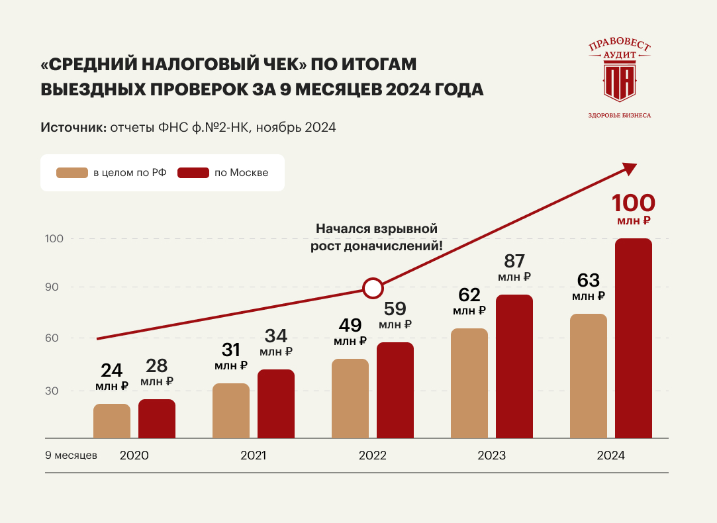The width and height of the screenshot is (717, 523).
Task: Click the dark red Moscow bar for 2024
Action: tap(634, 338)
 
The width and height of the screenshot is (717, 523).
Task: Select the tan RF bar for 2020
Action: tap(112, 421)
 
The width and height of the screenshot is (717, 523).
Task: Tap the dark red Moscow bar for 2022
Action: tap(395, 390)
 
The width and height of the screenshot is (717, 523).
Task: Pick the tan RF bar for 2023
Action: tap(469, 383)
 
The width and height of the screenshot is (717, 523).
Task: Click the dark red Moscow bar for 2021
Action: tap(276, 404)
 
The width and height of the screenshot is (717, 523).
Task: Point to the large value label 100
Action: tap(633, 203)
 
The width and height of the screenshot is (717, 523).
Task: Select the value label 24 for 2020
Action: tap(112, 369)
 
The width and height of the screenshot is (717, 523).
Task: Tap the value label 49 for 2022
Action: tap(350, 325)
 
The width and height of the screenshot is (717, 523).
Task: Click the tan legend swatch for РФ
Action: tap(72, 173)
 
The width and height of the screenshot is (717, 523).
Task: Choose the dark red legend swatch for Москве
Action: tap(193, 173)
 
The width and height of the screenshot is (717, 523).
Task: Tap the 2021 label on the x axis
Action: tap(253, 456)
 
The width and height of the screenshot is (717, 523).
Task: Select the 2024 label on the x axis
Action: tap(610, 456)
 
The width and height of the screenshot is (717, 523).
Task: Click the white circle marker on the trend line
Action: tap(373, 288)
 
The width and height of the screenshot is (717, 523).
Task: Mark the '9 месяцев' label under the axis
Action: tap(71, 455)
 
